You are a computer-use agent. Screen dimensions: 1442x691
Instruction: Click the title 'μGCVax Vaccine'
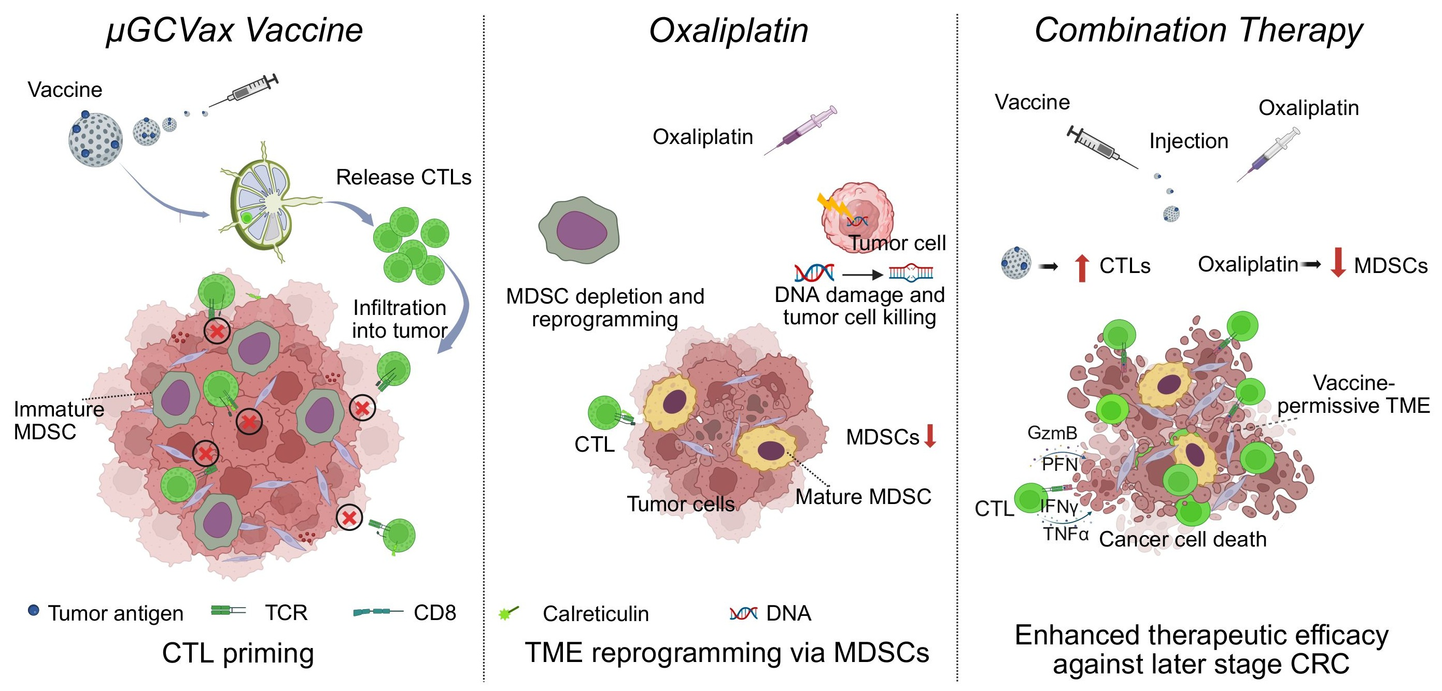[x=234, y=30]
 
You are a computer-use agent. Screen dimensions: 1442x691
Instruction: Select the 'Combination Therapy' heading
[x=1198, y=30]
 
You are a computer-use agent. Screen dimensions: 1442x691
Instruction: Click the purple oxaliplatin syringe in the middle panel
[x=800, y=130]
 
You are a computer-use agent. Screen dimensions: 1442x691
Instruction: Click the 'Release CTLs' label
[x=403, y=177]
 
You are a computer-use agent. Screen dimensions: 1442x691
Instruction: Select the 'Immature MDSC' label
[x=58, y=421]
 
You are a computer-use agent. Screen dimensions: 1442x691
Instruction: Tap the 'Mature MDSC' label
[x=863, y=497]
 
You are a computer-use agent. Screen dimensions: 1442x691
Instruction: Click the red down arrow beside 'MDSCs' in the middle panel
[x=930, y=436]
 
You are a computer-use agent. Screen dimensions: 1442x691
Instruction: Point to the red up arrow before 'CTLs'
[x=1082, y=267]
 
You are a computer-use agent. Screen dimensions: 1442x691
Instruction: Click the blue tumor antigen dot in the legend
[x=34, y=610]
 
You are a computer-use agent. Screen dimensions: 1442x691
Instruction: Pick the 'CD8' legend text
[x=434, y=613]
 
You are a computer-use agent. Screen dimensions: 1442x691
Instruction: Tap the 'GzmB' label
[x=1052, y=433]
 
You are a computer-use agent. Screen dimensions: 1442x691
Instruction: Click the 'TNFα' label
[x=1065, y=534]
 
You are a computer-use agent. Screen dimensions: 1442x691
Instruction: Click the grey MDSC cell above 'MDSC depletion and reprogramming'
[x=579, y=230]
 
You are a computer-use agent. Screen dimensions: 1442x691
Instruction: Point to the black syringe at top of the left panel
[x=244, y=90]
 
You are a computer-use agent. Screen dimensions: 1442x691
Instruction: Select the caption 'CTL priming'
[x=238, y=654]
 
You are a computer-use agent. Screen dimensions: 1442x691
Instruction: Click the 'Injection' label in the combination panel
[x=1189, y=141]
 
